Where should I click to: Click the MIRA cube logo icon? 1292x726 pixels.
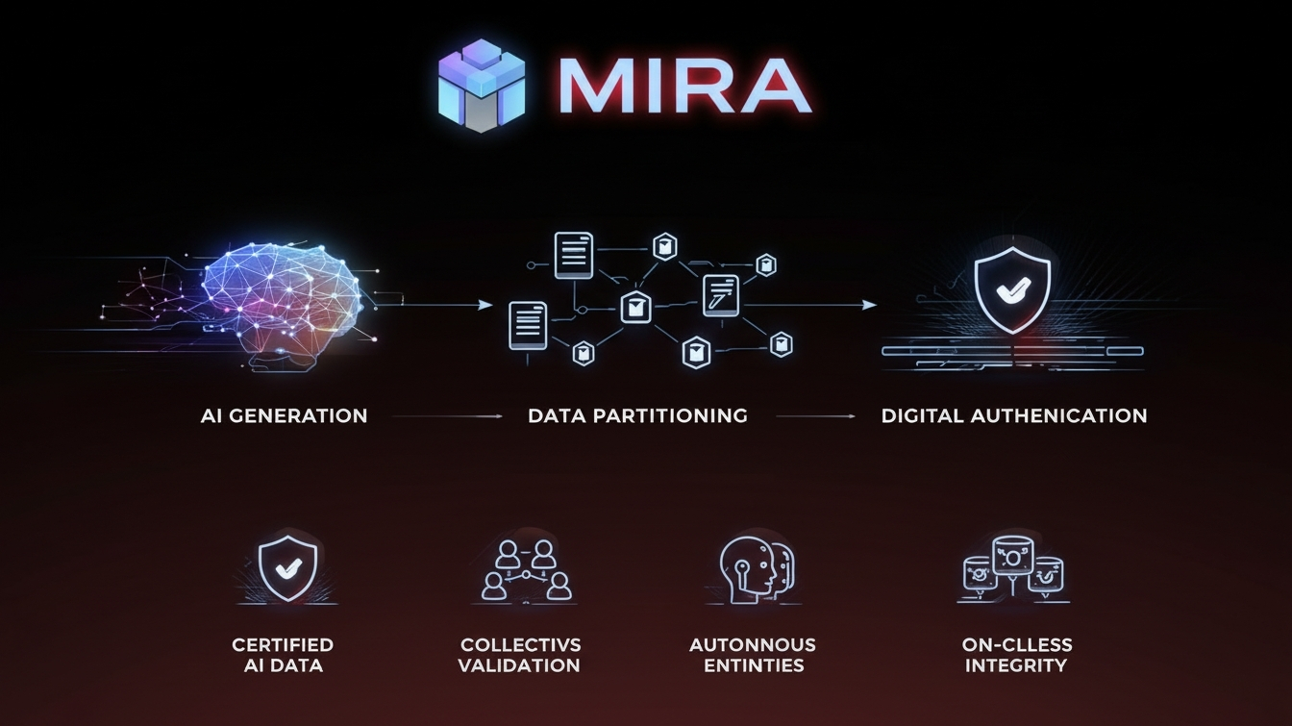(482, 85)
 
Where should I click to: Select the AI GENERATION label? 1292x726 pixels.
(284, 416)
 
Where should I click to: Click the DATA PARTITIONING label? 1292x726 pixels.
(637, 416)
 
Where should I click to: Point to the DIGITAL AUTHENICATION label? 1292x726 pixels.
(1014, 416)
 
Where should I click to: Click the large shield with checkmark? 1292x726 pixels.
(1012, 286)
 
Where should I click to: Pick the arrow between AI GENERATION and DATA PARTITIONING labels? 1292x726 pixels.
(448, 416)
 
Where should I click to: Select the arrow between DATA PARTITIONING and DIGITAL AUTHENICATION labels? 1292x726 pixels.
(815, 416)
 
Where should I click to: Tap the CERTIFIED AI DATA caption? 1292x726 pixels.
(283, 655)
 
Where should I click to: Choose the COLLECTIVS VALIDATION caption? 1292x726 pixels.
(520, 655)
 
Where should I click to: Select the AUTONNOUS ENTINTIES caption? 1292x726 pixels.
(753, 655)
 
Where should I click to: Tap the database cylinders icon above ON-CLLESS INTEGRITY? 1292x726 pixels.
(1013, 568)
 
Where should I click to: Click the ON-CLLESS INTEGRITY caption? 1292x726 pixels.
(1017, 655)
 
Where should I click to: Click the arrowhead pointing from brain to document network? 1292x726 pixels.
(486, 305)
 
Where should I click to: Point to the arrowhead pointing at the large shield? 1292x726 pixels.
(870, 305)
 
